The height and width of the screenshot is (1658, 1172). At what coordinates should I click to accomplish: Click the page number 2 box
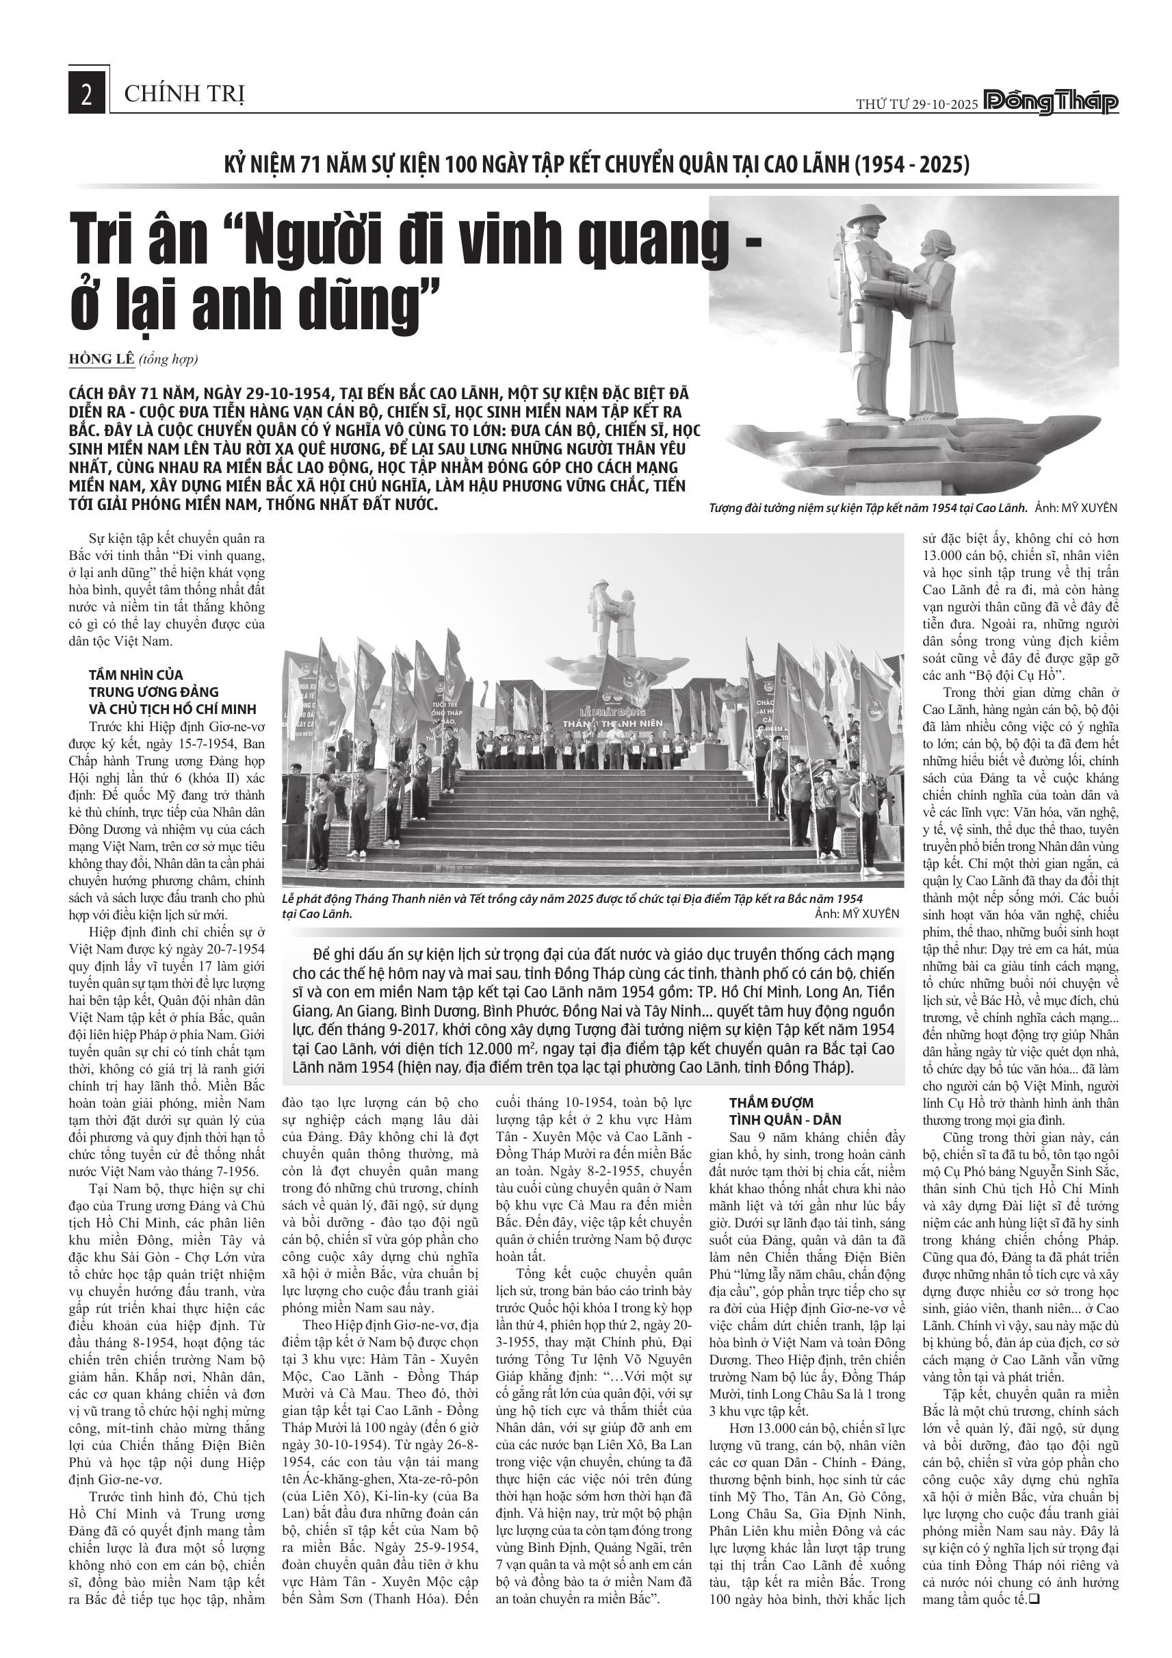click(87, 93)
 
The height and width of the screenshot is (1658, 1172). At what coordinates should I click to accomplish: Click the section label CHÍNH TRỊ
click(185, 94)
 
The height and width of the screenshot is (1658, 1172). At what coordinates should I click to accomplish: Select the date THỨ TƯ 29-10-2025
click(917, 104)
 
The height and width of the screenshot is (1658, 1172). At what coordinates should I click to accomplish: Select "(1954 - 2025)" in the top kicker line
click(911, 165)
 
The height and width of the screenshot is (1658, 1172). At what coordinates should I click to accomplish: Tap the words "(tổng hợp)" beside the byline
click(168, 359)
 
